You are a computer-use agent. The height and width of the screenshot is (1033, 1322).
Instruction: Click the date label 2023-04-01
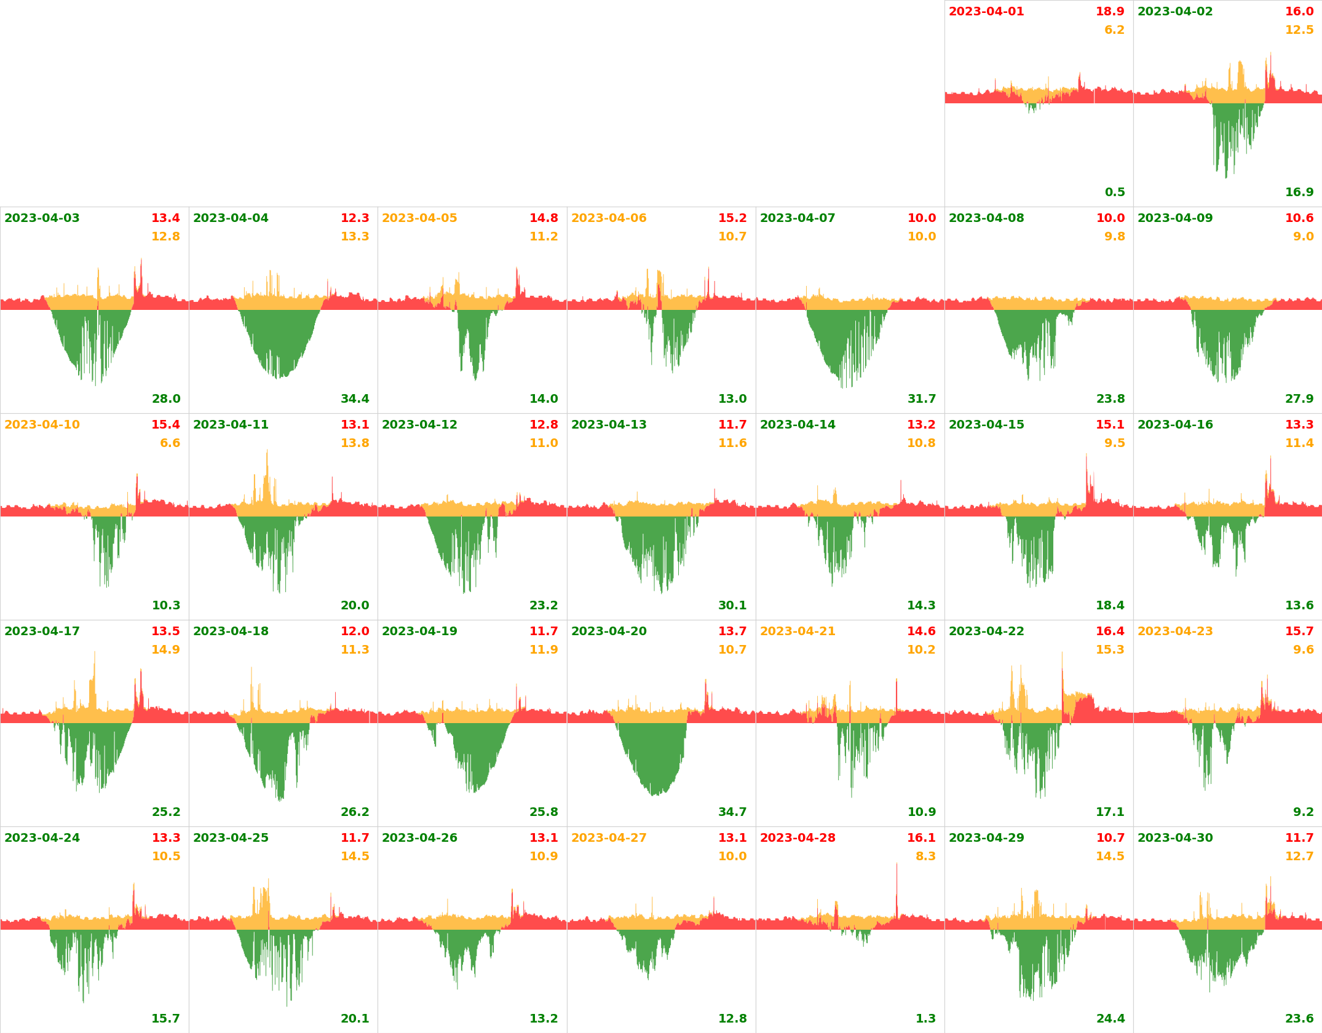(986, 12)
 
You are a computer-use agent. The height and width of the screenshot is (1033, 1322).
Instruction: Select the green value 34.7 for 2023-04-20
(732, 812)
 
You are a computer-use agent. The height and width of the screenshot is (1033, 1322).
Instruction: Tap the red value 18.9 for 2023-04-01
(1110, 12)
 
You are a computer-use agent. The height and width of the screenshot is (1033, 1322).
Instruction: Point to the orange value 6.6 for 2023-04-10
(170, 443)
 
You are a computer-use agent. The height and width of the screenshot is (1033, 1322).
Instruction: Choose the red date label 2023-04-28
(798, 838)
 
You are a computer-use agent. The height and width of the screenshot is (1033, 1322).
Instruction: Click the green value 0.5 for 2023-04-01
(1115, 192)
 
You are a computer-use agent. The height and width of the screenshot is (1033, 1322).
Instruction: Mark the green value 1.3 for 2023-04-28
(925, 1019)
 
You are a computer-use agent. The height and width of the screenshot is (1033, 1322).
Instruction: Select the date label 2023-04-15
(986, 425)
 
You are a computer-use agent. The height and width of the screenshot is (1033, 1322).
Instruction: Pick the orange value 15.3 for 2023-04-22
(1110, 650)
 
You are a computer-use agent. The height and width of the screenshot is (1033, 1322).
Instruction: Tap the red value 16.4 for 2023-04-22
(1110, 631)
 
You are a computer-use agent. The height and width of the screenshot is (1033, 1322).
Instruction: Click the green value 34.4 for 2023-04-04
(355, 399)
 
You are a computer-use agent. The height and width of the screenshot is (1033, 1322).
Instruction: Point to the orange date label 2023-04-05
(419, 218)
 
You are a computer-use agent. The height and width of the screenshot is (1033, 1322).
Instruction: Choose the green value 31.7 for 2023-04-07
(922, 399)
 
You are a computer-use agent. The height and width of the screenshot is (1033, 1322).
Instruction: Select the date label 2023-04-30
(1175, 838)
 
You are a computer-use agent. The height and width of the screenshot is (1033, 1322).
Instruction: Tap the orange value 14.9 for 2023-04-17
(165, 650)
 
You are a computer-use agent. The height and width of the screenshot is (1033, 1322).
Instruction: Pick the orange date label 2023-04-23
(1175, 631)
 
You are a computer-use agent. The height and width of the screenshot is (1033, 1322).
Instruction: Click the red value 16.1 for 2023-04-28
(921, 838)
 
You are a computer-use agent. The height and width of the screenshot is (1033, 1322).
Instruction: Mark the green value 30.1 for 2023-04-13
(732, 606)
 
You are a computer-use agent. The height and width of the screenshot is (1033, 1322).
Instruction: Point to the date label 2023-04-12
(419, 425)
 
